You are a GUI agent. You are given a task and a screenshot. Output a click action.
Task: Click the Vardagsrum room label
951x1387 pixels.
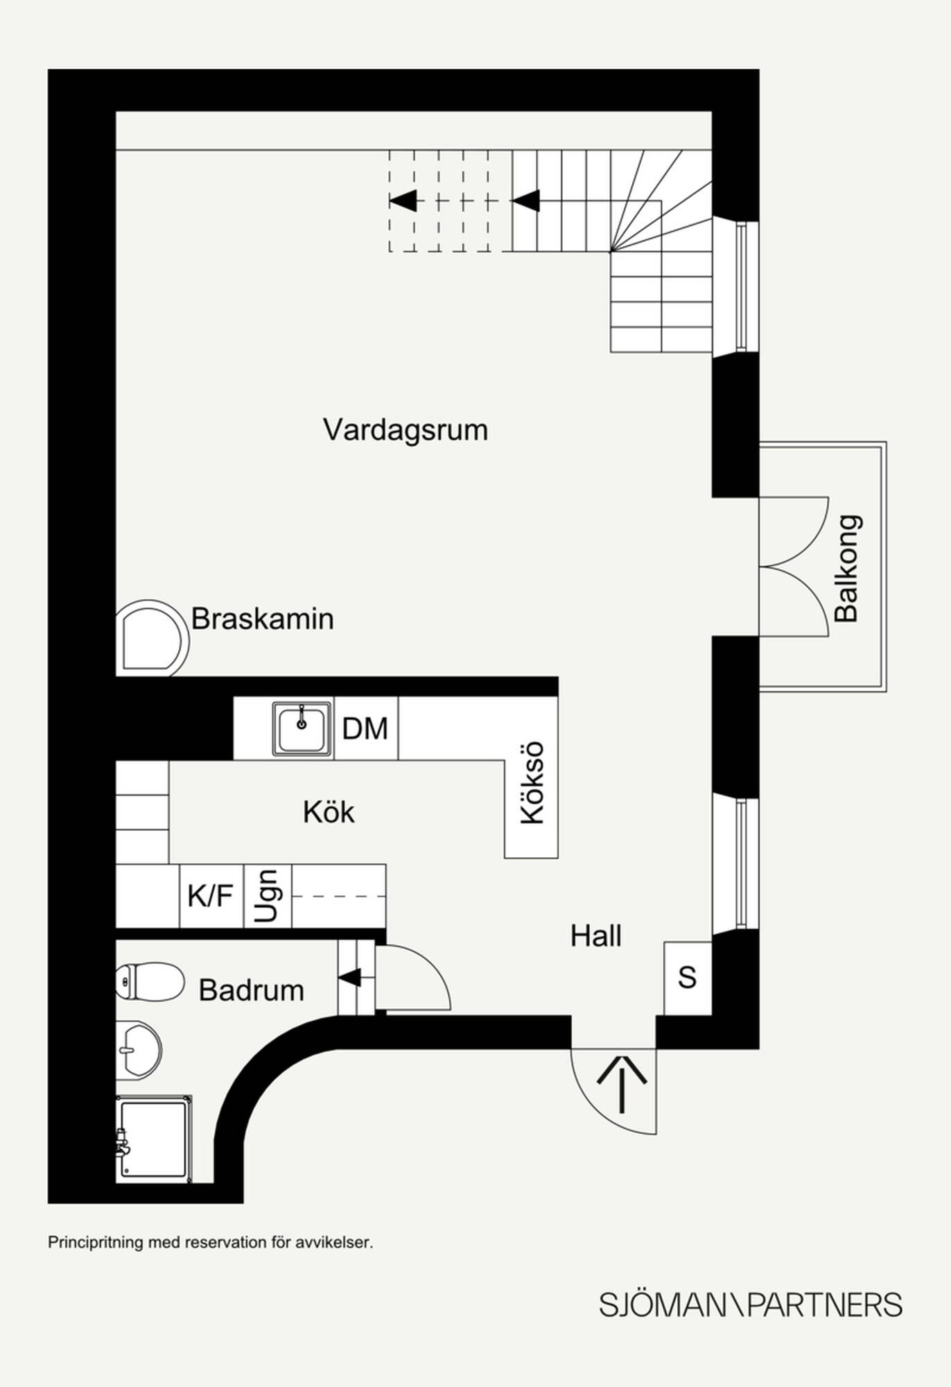tap(405, 430)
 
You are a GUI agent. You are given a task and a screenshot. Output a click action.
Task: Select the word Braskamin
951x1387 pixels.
tap(262, 619)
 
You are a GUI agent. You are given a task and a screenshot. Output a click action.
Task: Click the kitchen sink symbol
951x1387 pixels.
tap(302, 728)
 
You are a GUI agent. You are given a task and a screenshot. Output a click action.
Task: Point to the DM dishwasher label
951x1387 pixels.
tap(365, 729)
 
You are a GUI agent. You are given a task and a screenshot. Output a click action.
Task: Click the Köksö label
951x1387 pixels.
tap(532, 783)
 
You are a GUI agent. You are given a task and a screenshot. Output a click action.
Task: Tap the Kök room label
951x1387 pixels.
tap(329, 812)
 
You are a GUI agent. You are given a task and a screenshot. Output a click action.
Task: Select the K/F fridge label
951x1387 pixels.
tap(210, 896)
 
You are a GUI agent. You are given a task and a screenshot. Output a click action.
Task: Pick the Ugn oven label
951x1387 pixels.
tap(267, 896)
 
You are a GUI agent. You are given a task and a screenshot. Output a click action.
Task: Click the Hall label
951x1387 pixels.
tap(595, 936)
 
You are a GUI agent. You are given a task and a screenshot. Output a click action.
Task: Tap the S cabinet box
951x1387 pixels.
tap(687, 978)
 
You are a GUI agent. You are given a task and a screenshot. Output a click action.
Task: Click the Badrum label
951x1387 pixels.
tap(251, 990)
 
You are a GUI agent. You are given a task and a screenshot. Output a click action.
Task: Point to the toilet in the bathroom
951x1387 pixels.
tap(150, 981)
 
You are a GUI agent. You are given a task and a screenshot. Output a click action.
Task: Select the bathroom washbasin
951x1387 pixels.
tap(139, 1049)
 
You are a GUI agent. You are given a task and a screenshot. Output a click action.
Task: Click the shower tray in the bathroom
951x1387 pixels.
tap(154, 1138)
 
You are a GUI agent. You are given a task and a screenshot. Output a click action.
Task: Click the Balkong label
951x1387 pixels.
tap(847, 568)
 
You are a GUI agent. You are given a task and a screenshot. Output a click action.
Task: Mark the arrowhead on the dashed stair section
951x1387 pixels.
tap(403, 200)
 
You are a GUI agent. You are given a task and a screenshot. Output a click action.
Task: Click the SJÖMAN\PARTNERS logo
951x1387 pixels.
tap(751, 1304)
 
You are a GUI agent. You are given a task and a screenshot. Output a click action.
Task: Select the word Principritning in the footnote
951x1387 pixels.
tap(95, 1242)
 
